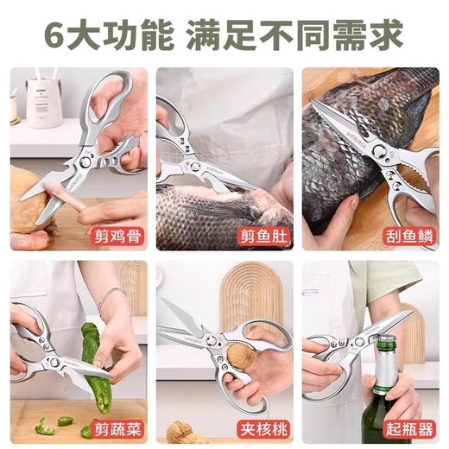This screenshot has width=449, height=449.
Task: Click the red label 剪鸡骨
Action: pyautogui.click(x=115, y=234)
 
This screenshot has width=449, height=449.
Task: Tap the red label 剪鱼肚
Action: pyautogui.click(x=262, y=234)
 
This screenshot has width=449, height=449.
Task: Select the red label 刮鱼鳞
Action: pyautogui.click(x=407, y=234)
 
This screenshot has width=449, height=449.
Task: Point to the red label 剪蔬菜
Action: pyautogui.click(x=115, y=427)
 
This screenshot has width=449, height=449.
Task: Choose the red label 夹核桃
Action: pyautogui.click(x=262, y=427)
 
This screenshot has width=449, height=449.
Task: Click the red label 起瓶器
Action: pyautogui.click(x=407, y=427)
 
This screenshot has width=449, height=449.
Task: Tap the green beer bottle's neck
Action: pyautogui.click(x=384, y=376)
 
